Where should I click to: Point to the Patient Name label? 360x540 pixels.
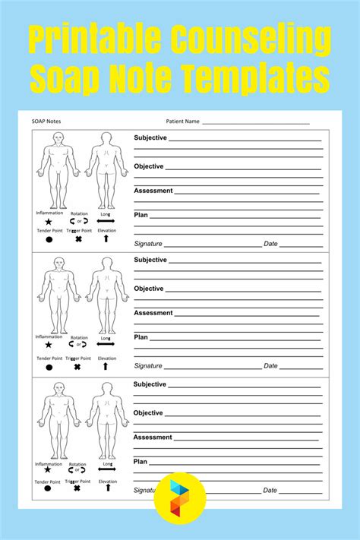point(182,121)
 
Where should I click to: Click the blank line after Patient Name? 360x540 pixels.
point(256,122)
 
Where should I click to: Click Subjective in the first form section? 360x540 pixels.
point(150,138)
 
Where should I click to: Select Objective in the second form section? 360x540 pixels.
point(149,289)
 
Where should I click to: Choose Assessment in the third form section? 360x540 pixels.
point(153,437)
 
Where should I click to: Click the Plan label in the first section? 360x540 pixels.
point(141,215)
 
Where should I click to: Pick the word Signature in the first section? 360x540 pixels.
point(148,244)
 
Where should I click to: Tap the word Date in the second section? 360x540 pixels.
point(270,366)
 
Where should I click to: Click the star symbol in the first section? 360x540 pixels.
point(49,221)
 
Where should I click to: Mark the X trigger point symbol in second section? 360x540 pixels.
point(77,367)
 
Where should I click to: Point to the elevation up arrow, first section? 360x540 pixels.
point(106,238)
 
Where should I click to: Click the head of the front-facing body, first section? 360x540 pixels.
point(58,138)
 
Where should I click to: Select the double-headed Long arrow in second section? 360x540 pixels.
point(106,344)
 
